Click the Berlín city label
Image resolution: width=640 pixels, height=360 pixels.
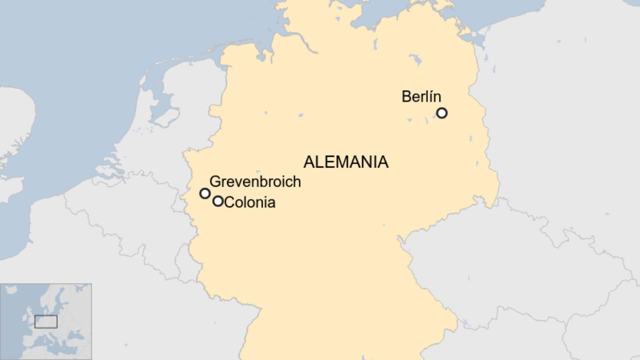coord(421,96)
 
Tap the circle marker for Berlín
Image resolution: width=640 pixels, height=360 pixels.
coord(442,113)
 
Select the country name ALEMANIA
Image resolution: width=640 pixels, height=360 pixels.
coord(346,162)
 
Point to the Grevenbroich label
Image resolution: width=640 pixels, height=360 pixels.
coord(255,182)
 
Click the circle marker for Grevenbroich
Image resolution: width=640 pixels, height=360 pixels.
coord(205,193)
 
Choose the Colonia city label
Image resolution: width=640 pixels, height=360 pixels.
coord(250,202)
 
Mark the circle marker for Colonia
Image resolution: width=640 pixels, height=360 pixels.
coord(218,201)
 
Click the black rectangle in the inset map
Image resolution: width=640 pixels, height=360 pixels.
coord(46,322)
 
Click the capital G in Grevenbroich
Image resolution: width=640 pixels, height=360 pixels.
coord(215,182)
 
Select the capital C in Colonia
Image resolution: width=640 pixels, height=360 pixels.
coord(229,202)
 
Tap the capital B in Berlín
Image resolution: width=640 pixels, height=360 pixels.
coord(406,96)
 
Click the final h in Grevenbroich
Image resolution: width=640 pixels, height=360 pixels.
coord(297,182)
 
